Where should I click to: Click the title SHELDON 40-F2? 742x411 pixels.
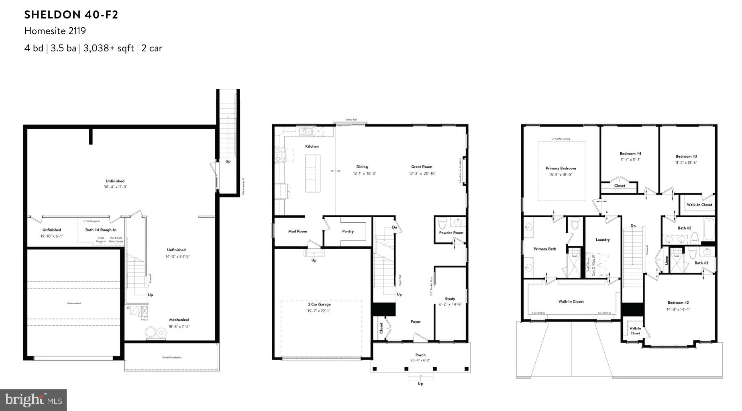pos(71,15)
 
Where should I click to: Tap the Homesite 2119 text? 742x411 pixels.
pos(55,31)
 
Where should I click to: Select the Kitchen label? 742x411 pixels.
pos(312,146)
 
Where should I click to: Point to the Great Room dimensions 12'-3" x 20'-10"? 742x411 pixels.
pos(422,173)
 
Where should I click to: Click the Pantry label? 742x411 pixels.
pos(348,231)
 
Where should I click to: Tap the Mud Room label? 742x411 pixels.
pos(298,231)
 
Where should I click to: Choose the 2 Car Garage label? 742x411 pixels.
pos(319,304)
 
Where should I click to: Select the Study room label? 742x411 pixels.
pos(450,299)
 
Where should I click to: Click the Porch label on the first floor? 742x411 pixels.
pos(420,355)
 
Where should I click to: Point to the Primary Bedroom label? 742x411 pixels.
pos(561,168)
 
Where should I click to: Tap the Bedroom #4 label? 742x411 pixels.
pos(630,153)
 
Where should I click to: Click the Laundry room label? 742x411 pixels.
pos(602,240)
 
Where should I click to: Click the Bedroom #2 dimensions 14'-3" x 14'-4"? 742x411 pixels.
pos(678,309)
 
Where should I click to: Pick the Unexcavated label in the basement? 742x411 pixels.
pos(73,303)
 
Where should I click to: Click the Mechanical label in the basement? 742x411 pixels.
pos(179,320)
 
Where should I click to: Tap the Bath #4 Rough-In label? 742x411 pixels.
pos(101,230)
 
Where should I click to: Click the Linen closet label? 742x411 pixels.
pos(667,260)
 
